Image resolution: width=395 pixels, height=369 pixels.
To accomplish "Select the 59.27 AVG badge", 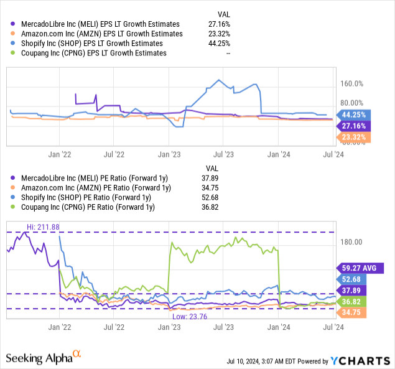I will point(361,268).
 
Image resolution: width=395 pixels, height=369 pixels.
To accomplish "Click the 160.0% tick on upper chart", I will point(352,83).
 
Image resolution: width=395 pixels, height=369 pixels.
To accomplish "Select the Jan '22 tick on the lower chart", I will point(58,327).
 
